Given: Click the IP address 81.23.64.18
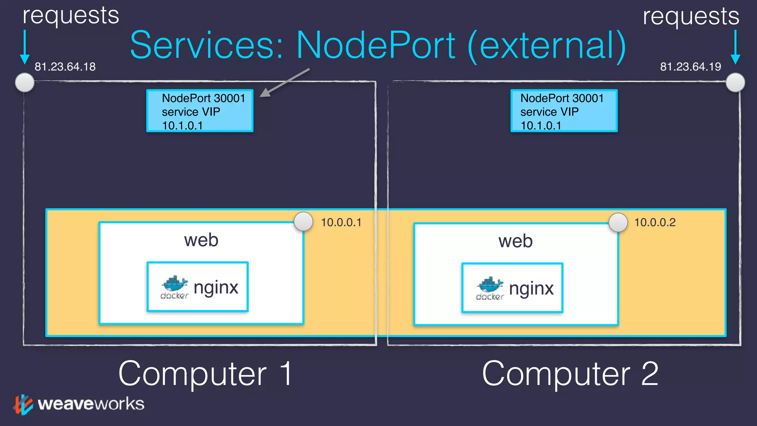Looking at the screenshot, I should point(65,67).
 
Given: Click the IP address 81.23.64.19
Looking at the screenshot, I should point(690,67).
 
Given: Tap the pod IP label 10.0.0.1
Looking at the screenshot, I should point(341,223).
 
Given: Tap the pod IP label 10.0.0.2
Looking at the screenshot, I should point(655,223).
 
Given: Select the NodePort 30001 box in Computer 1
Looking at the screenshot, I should point(200,111).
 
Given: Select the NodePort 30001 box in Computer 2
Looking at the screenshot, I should point(564,111).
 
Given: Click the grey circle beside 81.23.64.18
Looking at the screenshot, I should point(25,82).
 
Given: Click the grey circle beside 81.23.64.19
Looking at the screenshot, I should point(735,82).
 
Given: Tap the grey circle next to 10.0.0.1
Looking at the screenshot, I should point(303,222).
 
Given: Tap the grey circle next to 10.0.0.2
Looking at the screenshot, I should point(618,223).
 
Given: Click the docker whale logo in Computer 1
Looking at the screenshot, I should point(174,284).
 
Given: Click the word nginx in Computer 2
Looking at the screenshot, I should point(531,289).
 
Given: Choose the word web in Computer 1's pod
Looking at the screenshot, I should point(201,240).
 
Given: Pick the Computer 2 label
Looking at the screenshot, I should point(570,374).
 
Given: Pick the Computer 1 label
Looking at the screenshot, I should point(206,374).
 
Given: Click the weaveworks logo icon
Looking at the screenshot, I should point(23,405).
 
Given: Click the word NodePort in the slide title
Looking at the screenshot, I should point(376,45).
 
